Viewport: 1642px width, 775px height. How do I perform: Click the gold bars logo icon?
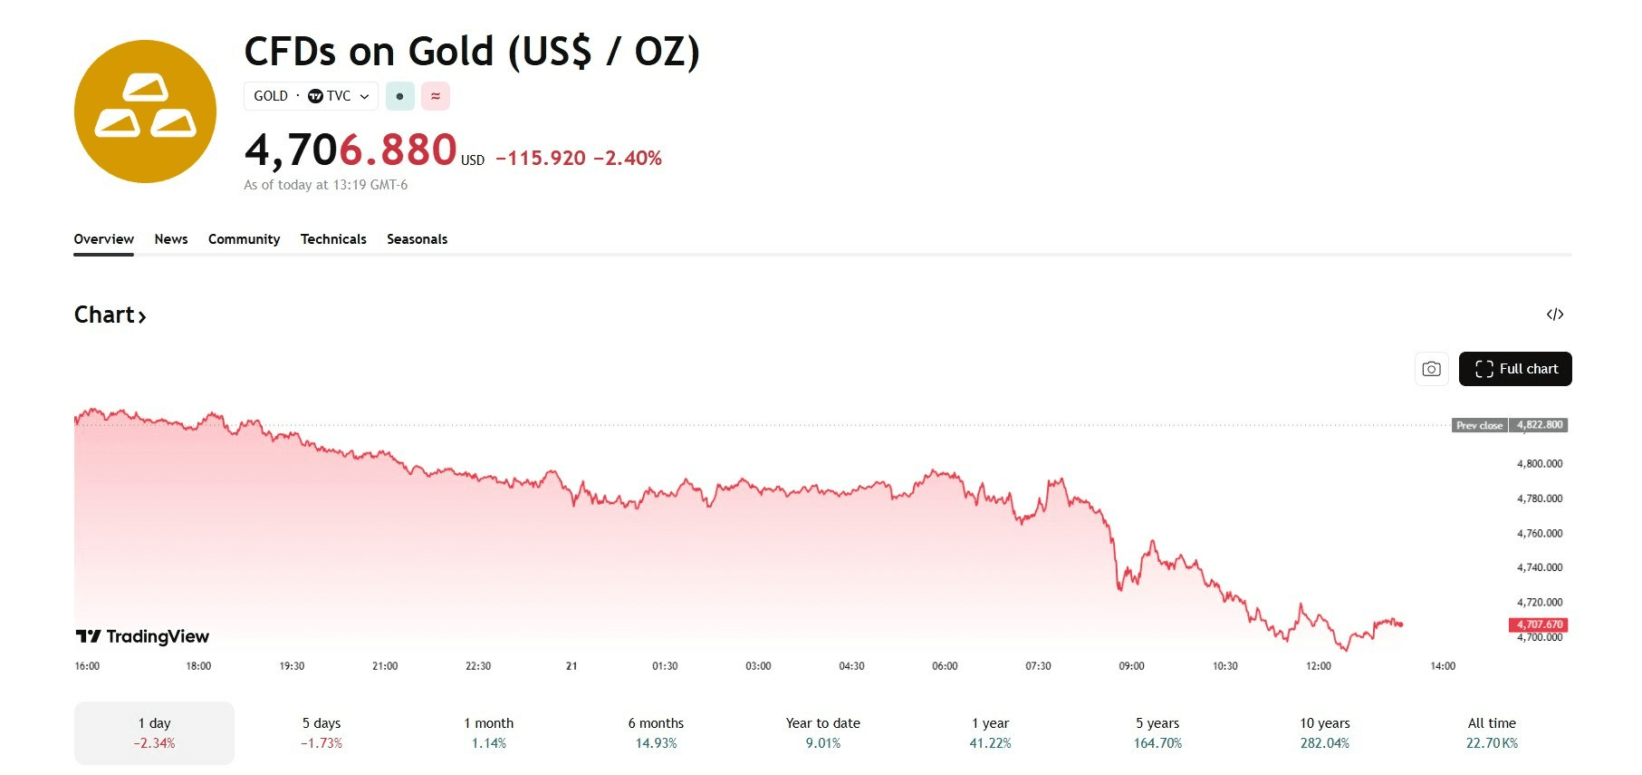point(145,111)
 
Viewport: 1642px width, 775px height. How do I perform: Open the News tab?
point(171,239)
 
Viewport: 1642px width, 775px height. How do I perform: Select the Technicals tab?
point(333,239)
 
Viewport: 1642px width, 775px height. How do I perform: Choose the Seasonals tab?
point(417,239)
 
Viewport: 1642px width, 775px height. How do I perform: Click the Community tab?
point(244,239)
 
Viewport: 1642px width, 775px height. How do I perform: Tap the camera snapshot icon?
point(1431,369)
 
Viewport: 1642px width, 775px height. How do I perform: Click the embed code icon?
point(1554,315)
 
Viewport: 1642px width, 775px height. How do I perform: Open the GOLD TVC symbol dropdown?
point(311,96)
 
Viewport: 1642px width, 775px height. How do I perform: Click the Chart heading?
point(110,315)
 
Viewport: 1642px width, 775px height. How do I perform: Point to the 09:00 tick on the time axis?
point(1131,666)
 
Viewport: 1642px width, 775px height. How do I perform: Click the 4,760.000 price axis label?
point(1539,533)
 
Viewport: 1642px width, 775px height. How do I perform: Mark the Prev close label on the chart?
point(1479,425)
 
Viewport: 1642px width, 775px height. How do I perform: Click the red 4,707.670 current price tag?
point(1539,625)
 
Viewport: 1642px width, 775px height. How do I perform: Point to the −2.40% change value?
point(628,159)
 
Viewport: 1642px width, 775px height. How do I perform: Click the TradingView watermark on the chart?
point(143,636)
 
